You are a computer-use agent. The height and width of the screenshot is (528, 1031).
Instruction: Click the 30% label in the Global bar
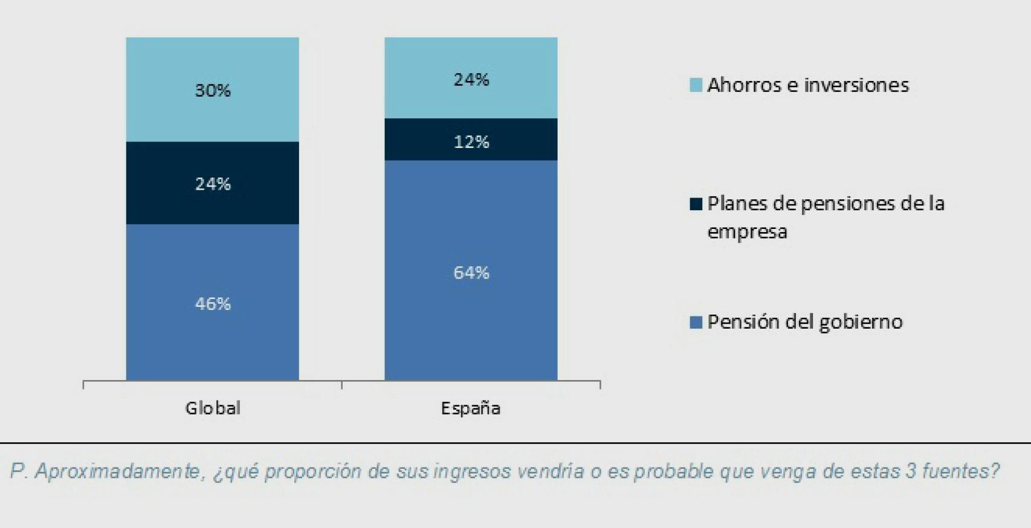click(213, 91)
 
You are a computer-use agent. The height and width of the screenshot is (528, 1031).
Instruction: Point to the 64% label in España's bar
click(471, 273)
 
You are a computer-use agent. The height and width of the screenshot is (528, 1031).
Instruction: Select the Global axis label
click(213, 408)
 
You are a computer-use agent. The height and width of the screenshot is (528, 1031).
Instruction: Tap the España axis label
click(471, 408)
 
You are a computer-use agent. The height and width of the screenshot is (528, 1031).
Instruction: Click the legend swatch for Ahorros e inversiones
click(696, 85)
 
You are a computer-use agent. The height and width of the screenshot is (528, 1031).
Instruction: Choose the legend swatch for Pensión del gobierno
click(696, 322)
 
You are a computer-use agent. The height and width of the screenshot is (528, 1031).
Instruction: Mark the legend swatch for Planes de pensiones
click(696, 204)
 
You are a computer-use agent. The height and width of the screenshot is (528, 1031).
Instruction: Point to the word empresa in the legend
click(747, 232)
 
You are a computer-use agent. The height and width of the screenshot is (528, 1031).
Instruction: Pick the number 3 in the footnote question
click(910, 471)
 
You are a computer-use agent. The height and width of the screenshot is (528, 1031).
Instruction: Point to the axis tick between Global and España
click(342, 384)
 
